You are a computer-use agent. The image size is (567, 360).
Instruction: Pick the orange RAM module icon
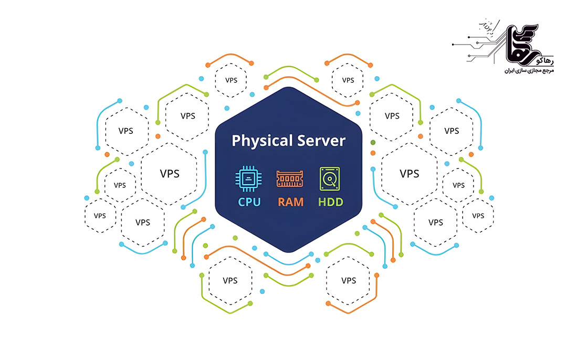pos(289,179)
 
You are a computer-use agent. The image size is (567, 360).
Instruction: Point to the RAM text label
pos(290,202)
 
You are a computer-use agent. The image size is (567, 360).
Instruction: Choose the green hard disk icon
pos(330,179)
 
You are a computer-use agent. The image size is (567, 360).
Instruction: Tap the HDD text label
pos(330,202)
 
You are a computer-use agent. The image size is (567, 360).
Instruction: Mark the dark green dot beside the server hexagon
pos(373,143)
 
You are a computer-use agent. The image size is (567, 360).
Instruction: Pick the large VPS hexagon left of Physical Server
pos(169,173)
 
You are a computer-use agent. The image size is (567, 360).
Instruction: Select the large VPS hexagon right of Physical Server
pos(409,173)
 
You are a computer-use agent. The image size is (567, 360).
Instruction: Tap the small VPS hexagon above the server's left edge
pos(231,80)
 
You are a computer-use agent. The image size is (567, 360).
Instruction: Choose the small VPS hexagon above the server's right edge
pos(348,80)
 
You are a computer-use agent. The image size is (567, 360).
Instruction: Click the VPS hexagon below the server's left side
pos(230,280)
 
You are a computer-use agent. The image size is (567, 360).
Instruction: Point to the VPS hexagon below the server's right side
pos(349,280)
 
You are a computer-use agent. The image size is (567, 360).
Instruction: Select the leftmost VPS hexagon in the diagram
pos(99,216)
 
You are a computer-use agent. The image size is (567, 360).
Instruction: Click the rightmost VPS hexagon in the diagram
pos(478,216)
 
